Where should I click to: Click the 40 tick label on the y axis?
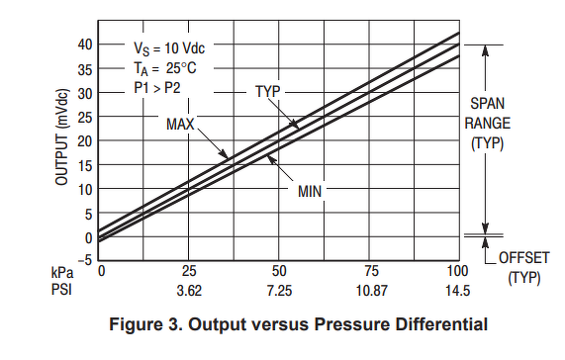[85, 45]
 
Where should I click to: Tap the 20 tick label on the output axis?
[85, 141]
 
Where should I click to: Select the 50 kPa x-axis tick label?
[279, 271]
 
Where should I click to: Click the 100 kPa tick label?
[457, 271]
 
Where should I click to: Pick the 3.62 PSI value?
[189, 290]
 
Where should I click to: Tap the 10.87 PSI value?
[371, 290]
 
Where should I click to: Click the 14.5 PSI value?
[457, 290]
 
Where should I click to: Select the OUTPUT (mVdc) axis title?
[61, 136]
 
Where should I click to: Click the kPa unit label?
[62, 272]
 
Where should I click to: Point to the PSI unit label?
[61, 290]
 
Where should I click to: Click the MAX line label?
[180, 125]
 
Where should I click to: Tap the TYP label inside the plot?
[268, 91]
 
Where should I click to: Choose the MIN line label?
[310, 191]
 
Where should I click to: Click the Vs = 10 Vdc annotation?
[169, 48]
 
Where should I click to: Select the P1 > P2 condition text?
[157, 87]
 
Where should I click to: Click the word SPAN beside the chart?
[487, 104]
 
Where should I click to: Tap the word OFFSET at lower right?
[523, 258]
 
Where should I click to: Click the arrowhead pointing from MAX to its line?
[224, 153]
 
